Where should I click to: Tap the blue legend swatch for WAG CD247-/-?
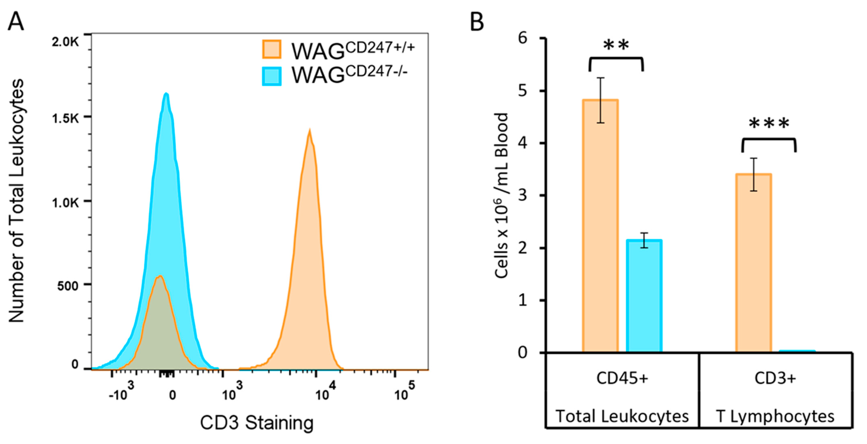[x=271, y=76]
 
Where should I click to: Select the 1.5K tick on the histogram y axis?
[x=65, y=119]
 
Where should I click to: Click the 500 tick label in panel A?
[x=68, y=286]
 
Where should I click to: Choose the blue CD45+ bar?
[x=644, y=296]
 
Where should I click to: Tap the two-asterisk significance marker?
[x=616, y=45]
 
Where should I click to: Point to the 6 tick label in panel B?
[x=523, y=38]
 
